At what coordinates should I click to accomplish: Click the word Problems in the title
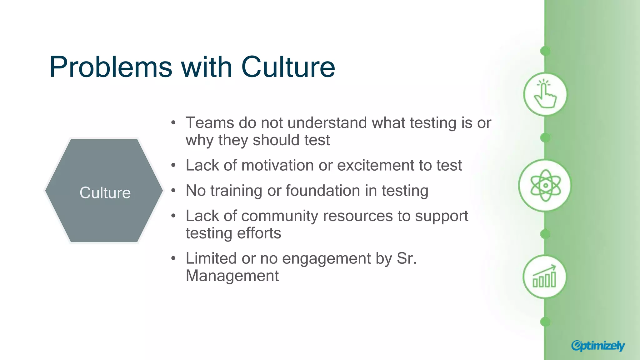click(x=111, y=67)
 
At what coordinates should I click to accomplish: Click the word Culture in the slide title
click(x=288, y=67)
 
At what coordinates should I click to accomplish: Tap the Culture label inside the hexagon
click(x=105, y=192)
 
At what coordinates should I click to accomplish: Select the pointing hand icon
click(x=545, y=94)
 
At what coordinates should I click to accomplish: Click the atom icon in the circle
click(x=545, y=186)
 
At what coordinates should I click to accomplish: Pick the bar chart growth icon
click(x=545, y=277)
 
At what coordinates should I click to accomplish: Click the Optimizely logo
click(x=597, y=346)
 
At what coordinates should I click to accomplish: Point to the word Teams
click(x=209, y=122)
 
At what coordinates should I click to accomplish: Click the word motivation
click(x=277, y=165)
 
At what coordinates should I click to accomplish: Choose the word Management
click(x=232, y=276)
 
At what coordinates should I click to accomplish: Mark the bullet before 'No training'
click(x=174, y=191)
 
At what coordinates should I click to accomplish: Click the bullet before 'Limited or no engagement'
click(x=174, y=258)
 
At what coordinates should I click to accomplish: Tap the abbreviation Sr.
click(x=407, y=258)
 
